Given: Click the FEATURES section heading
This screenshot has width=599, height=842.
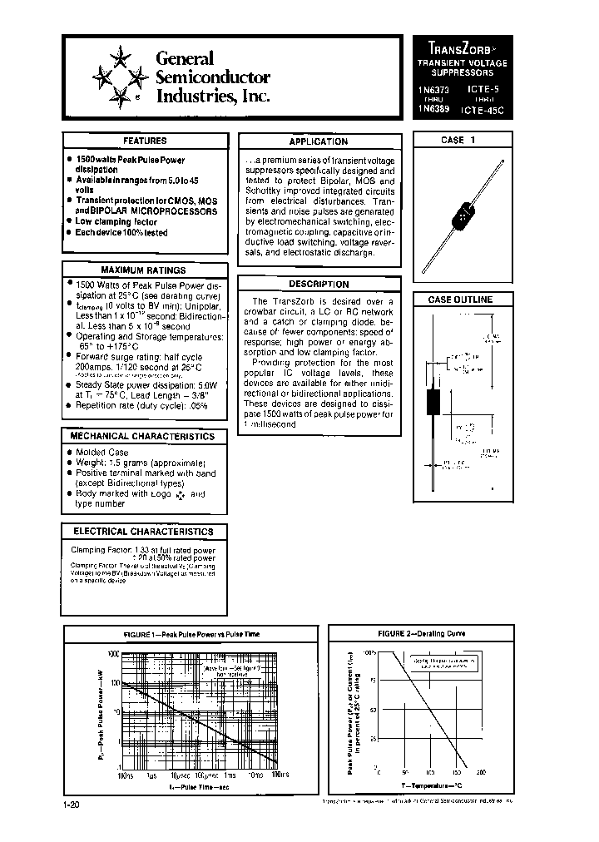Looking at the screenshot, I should pyautogui.click(x=145, y=141).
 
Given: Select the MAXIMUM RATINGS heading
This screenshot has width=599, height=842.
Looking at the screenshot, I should pyautogui.click(x=143, y=270).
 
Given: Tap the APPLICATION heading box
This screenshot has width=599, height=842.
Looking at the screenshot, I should pyautogui.click(x=318, y=141).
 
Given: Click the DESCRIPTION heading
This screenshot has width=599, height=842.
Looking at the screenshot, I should pyautogui.click(x=318, y=284).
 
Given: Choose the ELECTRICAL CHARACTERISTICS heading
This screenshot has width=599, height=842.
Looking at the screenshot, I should pyautogui.click(x=143, y=532).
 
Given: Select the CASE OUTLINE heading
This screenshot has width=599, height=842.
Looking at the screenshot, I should pyautogui.click(x=460, y=300).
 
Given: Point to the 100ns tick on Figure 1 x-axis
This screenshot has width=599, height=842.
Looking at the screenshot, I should pyautogui.click(x=125, y=775).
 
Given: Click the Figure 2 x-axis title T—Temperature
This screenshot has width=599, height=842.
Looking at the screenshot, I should pyautogui.click(x=431, y=785).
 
